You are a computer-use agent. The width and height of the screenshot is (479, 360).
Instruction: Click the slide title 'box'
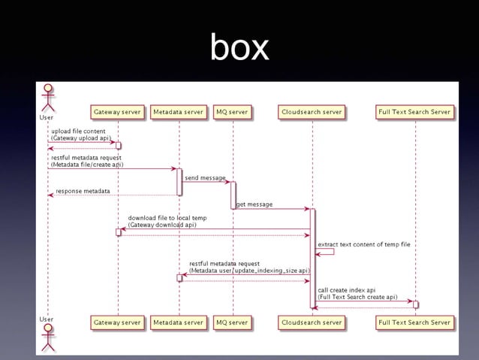click(x=239, y=48)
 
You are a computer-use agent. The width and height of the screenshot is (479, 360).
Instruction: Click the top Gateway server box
click(x=117, y=112)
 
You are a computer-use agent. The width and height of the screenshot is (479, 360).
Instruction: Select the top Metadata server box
click(x=178, y=112)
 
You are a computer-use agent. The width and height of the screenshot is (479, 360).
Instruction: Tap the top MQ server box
click(x=232, y=112)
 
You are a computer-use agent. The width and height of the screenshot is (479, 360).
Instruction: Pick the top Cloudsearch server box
click(x=312, y=112)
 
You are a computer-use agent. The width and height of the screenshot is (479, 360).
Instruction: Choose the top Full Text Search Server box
click(x=415, y=112)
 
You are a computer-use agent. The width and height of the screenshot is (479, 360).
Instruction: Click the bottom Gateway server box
click(x=117, y=322)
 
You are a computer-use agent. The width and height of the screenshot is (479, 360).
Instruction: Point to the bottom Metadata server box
click(x=178, y=322)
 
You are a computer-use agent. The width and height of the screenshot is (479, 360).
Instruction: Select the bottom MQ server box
click(x=232, y=322)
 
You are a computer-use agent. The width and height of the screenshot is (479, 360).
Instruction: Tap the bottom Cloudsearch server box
click(x=312, y=322)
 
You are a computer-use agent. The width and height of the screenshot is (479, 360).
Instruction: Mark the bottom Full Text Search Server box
click(x=415, y=322)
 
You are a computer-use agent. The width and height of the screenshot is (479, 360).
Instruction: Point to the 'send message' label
click(x=205, y=178)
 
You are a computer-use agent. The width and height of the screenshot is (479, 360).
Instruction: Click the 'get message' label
click(x=255, y=204)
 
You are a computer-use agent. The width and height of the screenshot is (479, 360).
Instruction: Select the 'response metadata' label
click(x=83, y=191)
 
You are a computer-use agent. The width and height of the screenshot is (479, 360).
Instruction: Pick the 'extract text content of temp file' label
click(x=363, y=244)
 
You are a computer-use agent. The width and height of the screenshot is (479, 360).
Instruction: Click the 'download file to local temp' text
click(x=167, y=218)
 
